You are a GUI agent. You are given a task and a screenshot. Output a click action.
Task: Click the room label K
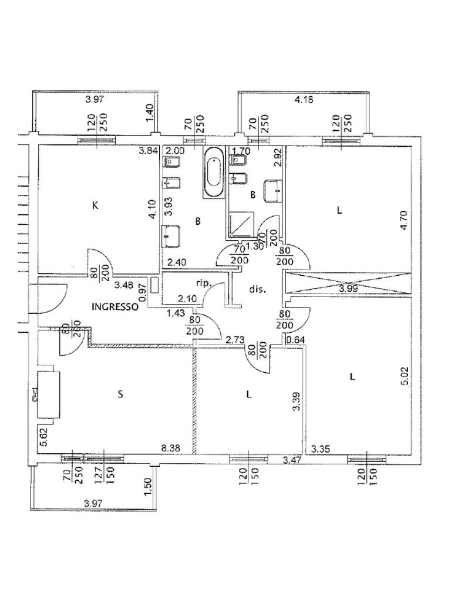pyautogui.click(x=95, y=205)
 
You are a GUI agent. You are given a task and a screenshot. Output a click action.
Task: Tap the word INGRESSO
pyautogui.click(x=115, y=306)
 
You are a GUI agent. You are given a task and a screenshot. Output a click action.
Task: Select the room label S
pyautogui.click(x=120, y=394)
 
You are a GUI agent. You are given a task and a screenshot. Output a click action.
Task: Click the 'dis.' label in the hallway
pyautogui.click(x=258, y=289)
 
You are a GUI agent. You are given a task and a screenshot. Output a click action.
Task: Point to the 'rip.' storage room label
pyautogui.click(x=203, y=282)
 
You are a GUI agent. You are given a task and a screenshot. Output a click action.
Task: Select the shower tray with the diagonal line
pyautogui.click(x=241, y=223)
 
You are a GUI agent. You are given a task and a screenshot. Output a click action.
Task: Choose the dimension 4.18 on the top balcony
pyautogui.click(x=303, y=100)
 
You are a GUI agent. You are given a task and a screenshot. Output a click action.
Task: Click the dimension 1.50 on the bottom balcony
pyautogui.click(x=148, y=487)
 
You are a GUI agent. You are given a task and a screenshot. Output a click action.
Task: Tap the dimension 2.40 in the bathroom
pyautogui.click(x=176, y=264)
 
